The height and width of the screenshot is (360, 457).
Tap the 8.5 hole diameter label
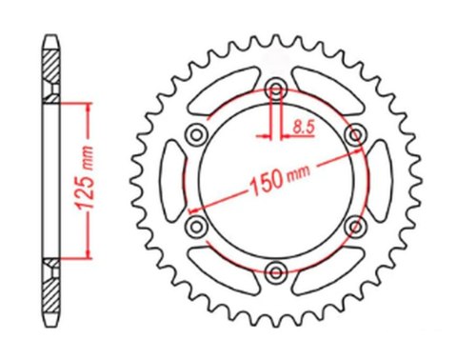(305, 125)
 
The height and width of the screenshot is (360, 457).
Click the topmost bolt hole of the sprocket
(276, 90)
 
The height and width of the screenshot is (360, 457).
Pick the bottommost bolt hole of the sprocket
(276, 268)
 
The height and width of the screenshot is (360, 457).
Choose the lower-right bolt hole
(355, 225)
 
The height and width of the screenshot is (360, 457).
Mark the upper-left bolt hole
(198, 133)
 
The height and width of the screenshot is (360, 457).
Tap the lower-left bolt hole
(198, 225)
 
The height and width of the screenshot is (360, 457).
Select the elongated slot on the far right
(377, 178)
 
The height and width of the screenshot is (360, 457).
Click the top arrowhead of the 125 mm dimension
(89, 107)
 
